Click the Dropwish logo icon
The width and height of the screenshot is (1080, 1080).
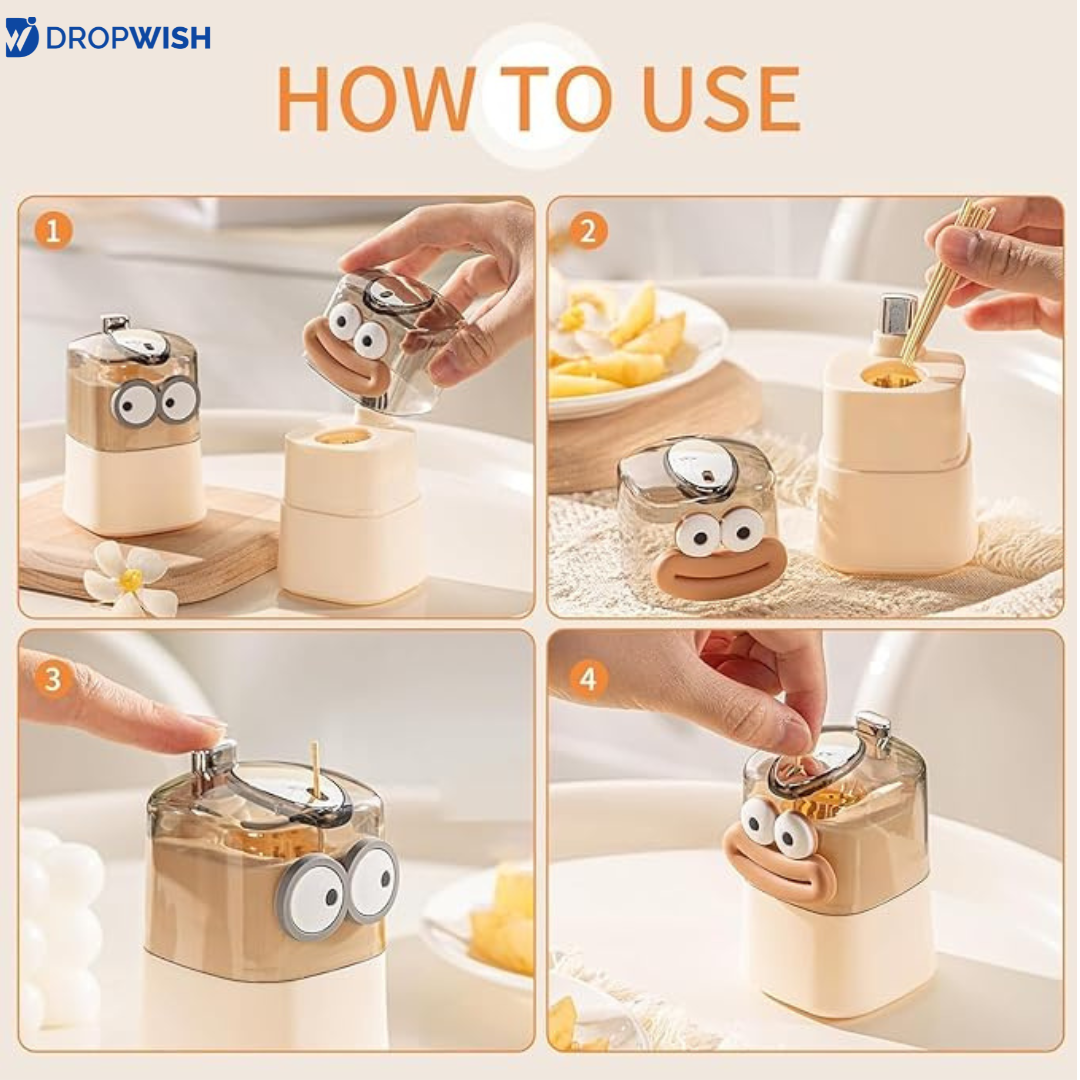pyautogui.click(x=21, y=37)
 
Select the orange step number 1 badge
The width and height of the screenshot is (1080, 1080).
pyautogui.click(x=53, y=230)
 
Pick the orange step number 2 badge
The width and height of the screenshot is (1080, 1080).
pyautogui.click(x=588, y=231)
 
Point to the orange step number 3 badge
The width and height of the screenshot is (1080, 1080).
pyautogui.click(x=53, y=679)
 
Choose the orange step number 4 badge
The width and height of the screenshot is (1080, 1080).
pyautogui.click(x=588, y=679)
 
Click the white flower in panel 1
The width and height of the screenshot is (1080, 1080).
pyautogui.click(x=130, y=579)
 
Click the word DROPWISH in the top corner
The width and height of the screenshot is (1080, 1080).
pyautogui.click(x=128, y=38)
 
